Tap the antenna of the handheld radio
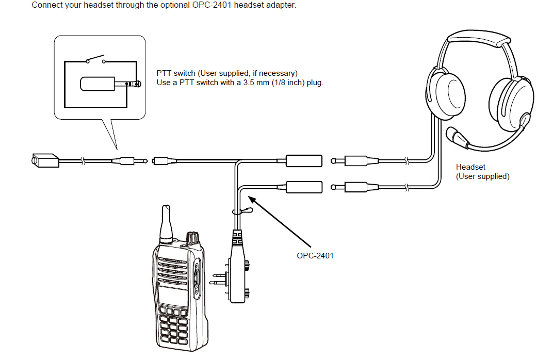point(166,224)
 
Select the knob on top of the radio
point(192,237)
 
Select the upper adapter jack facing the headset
point(304,161)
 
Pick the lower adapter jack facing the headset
point(304,186)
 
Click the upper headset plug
point(356,161)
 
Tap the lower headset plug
point(356,186)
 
